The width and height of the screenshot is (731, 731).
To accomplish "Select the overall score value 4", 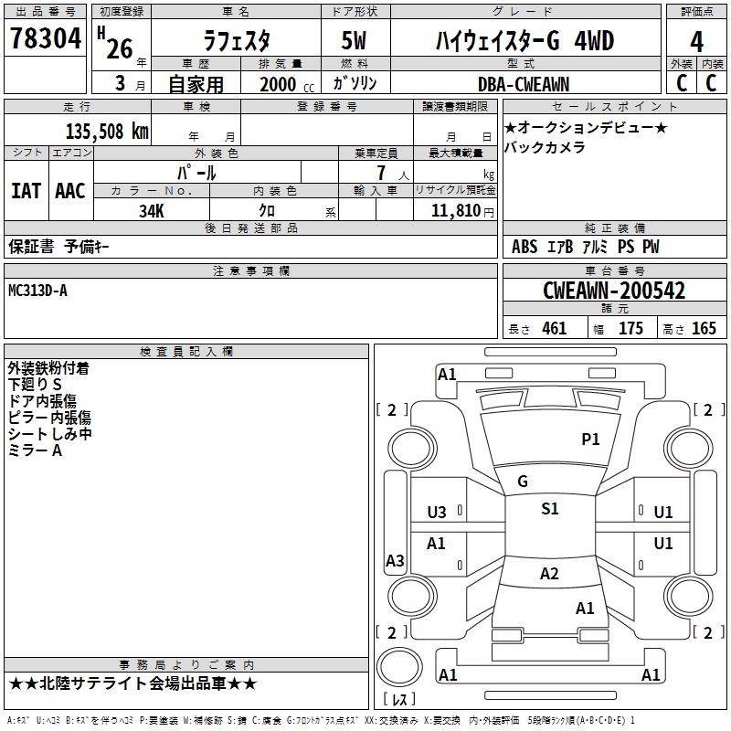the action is [x=697, y=41].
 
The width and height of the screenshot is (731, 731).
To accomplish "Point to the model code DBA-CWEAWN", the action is [x=523, y=84].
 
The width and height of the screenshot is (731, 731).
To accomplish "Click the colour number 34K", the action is [x=152, y=210].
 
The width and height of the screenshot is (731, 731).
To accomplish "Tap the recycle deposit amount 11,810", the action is [x=455, y=210].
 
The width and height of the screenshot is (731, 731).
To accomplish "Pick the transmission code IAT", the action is [x=26, y=190].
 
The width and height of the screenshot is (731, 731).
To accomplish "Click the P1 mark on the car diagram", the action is [x=591, y=440].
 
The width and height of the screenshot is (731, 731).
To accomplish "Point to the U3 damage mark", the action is [x=437, y=513].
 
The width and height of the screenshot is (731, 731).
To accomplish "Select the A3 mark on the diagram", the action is [x=395, y=561].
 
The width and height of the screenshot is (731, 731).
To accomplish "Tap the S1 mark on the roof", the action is [x=549, y=509].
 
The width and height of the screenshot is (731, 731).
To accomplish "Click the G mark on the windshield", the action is [x=523, y=482].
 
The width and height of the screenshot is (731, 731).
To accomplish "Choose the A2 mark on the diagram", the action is [x=549, y=574].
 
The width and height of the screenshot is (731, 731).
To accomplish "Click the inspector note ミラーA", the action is [x=35, y=450].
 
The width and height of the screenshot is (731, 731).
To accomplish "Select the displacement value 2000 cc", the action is [x=281, y=84].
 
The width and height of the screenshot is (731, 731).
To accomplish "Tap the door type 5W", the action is [x=355, y=40].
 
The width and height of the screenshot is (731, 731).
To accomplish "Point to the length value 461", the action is [x=554, y=329].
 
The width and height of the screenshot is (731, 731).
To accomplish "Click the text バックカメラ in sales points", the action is [x=545, y=147].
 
